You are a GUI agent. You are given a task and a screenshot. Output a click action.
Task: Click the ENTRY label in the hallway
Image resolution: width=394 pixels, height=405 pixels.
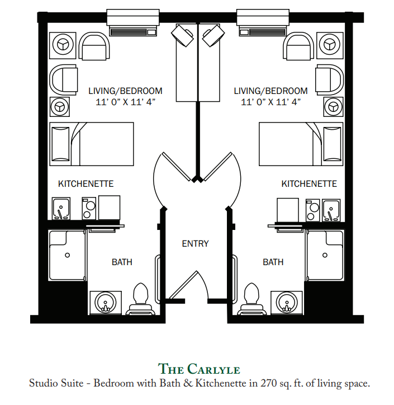195,243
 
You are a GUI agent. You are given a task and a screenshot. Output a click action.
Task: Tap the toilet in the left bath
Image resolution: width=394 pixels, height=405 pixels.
140,299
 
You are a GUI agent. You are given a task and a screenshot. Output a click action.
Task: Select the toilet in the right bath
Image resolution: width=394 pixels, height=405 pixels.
251,299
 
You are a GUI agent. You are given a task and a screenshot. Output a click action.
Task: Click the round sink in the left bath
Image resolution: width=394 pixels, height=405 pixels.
106,303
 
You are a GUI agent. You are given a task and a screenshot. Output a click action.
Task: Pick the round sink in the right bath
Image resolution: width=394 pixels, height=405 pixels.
287,303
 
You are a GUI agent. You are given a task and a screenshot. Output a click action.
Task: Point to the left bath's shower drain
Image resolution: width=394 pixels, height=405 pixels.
68,255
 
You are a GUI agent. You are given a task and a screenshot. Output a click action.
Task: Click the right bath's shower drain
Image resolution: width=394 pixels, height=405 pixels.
325,255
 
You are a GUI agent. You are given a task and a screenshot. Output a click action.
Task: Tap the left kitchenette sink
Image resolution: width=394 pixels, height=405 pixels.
61,209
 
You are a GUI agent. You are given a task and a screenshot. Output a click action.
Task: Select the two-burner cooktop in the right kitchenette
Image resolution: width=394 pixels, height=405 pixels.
312,210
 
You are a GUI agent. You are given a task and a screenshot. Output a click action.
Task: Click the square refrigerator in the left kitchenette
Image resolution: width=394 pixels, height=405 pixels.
109,208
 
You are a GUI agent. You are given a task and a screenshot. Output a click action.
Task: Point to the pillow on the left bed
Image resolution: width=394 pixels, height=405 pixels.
60,144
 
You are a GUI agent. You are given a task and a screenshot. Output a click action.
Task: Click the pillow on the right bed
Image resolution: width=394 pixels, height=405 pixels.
332,144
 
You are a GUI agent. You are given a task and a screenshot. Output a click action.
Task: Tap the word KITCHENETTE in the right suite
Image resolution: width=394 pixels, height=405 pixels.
309,183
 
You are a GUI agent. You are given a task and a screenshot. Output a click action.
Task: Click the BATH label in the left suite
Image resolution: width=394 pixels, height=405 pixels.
122,262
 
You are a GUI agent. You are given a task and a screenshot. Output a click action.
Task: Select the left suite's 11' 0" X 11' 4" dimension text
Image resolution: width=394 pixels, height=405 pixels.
125,102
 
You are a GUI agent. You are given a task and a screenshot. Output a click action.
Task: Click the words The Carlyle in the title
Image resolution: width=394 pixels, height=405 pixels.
199,369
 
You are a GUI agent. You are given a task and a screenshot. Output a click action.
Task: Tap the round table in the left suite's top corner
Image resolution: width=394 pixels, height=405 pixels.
63,44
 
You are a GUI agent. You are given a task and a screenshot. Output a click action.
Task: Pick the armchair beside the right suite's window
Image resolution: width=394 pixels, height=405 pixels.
298,46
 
